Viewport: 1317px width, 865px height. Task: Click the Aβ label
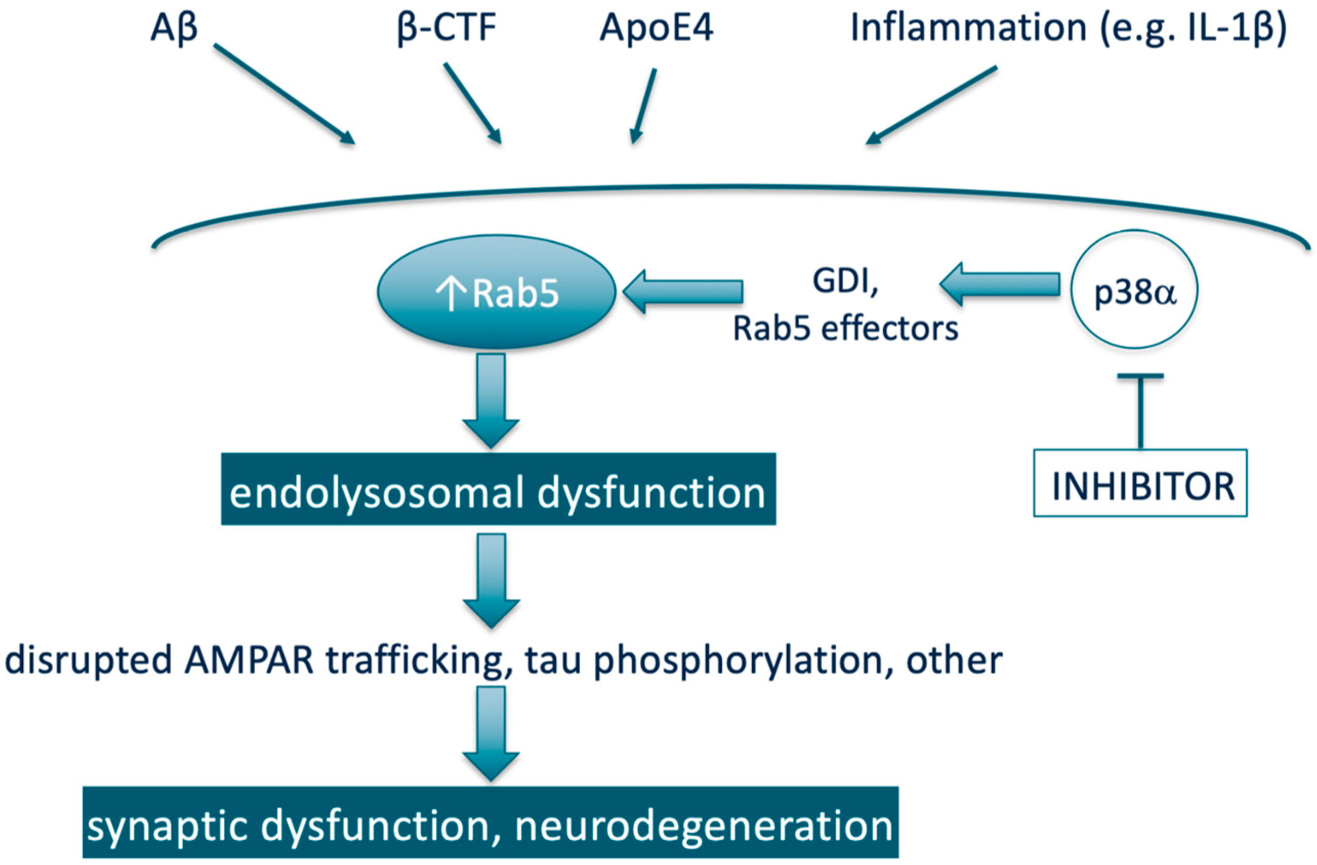click(174, 29)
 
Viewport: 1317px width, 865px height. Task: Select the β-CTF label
click(446, 29)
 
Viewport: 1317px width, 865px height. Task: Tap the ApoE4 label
click(656, 29)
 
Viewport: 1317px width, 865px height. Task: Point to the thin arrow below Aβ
click(284, 94)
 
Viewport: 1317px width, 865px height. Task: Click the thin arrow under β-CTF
click(473, 103)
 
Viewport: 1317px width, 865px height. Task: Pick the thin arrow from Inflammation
click(931, 105)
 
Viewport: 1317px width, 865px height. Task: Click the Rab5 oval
click(496, 291)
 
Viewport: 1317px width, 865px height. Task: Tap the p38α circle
click(1135, 289)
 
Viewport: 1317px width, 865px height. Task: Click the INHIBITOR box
click(1140, 483)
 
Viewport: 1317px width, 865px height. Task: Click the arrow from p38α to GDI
click(999, 284)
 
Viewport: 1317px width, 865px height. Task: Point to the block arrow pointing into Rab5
click(682, 291)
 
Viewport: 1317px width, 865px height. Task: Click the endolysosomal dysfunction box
click(498, 489)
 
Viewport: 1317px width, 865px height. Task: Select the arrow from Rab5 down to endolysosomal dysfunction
click(491, 401)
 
